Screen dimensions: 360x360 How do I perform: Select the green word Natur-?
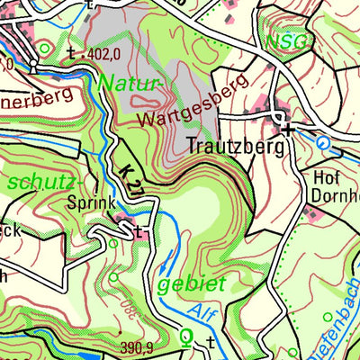(130, 84)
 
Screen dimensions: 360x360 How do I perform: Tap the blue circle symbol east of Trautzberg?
(323, 141)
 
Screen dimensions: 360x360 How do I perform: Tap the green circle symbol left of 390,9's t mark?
(187, 338)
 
